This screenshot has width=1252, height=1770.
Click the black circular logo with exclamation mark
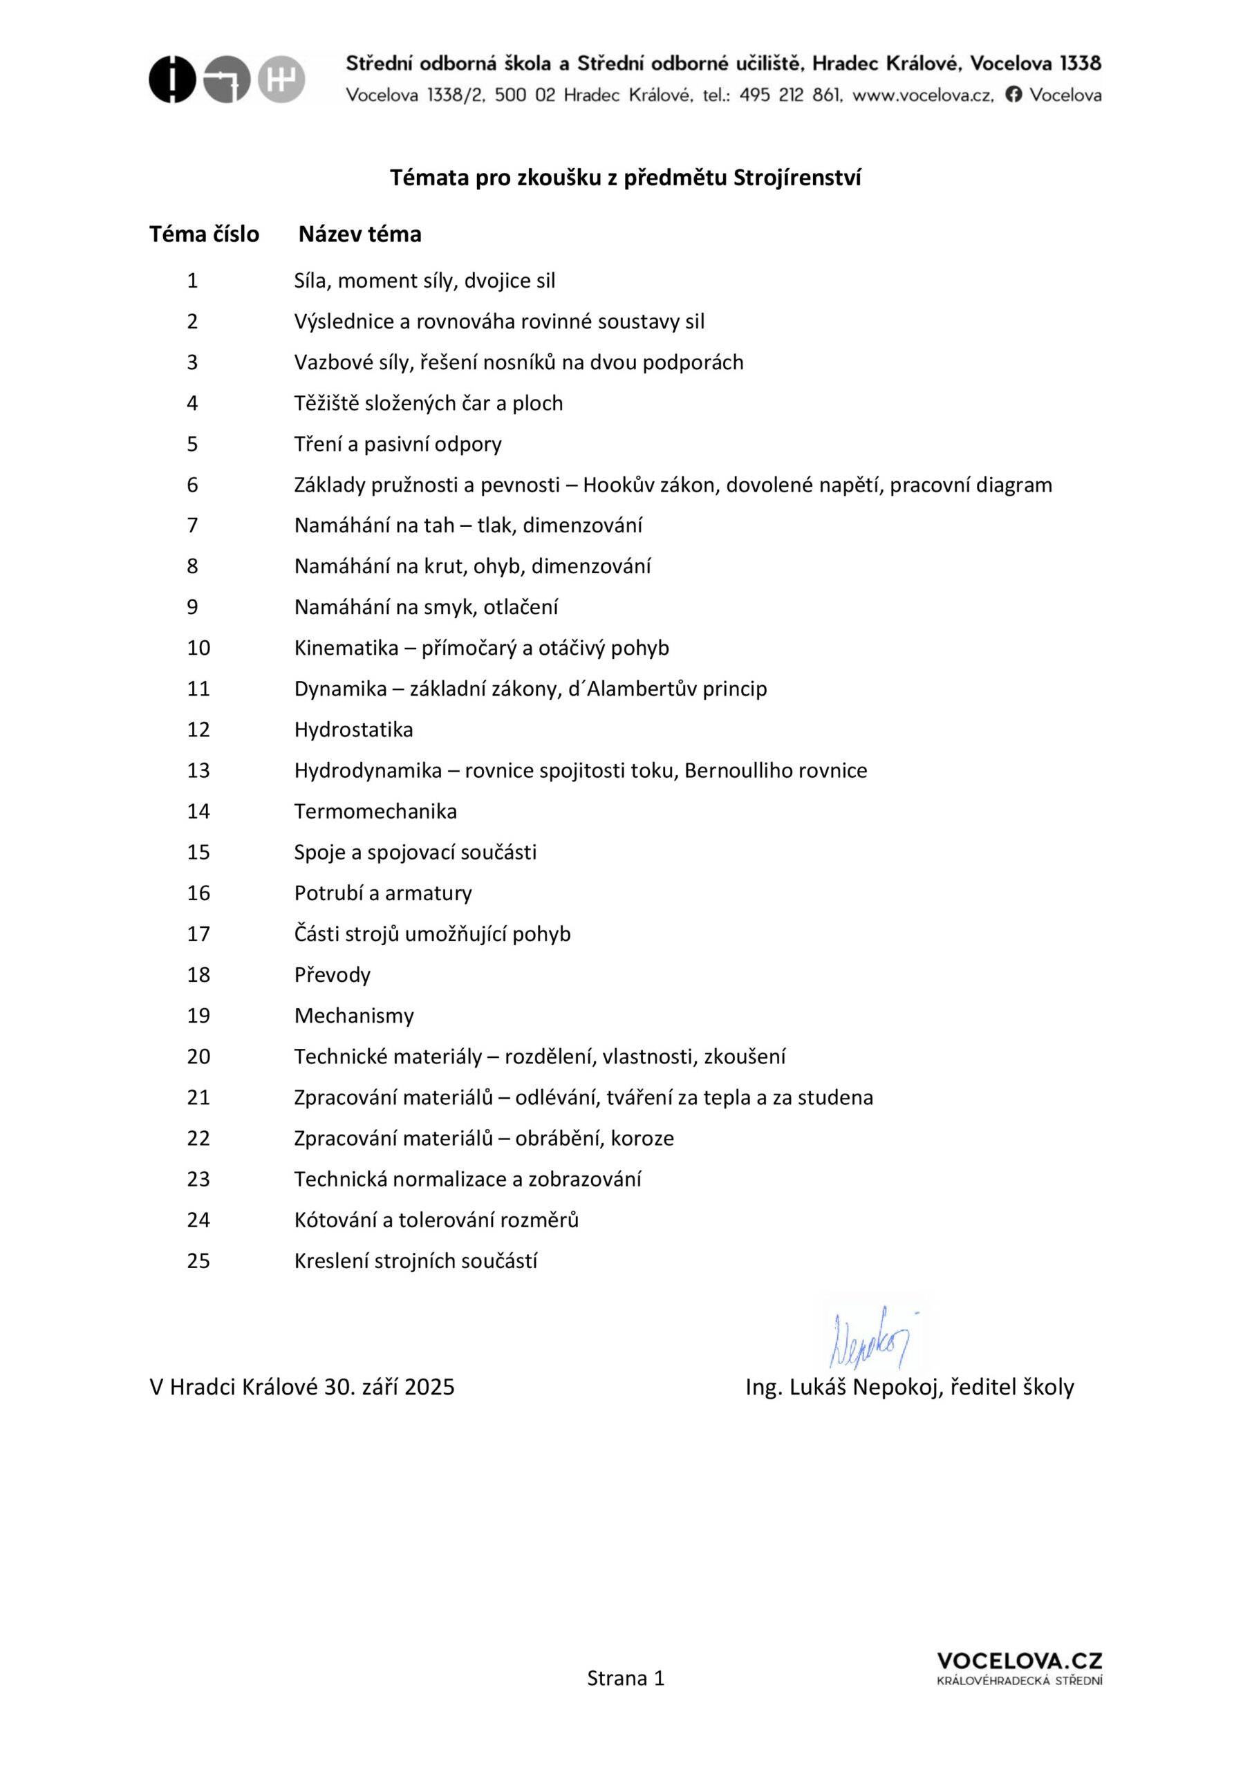tap(172, 80)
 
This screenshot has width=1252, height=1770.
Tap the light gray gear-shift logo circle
tap(281, 80)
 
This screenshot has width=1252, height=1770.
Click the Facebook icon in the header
tap(1013, 94)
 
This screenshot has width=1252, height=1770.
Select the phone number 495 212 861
tap(789, 95)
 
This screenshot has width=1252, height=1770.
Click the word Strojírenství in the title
tap(796, 178)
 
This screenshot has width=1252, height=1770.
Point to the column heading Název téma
tap(359, 234)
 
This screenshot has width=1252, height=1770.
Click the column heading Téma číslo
tap(205, 234)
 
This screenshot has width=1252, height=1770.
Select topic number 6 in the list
tap(193, 485)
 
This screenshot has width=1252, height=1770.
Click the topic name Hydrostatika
tap(353, 729)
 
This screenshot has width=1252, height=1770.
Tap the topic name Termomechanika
tap(375, 811)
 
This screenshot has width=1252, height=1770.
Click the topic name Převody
tap(333, 974)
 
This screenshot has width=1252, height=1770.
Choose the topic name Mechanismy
tap(354, 1015)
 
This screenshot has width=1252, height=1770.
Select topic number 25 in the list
tap(198, 1260)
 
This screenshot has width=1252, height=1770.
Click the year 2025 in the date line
tap(429, 1387)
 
